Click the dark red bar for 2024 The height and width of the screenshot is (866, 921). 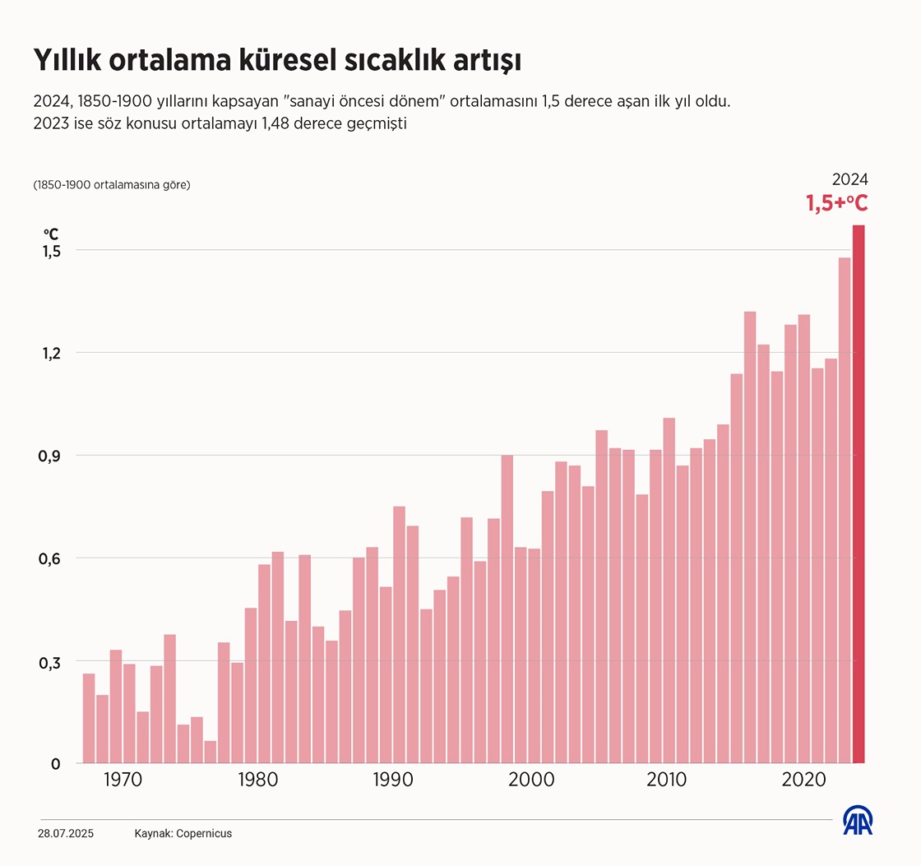pyautogui.click(x=859, y=493)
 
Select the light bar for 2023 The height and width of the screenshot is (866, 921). pyautogui.click(x=845, y=510)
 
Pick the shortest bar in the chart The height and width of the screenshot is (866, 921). pyautogui.click(x=211, y=752)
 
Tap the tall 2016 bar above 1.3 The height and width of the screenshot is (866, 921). pyautogui.click(x=750, y=535)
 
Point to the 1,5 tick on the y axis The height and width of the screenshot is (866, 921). pyautogui.click(x=51, y=251)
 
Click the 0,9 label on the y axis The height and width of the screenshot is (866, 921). pyautogui.click(x=51, y=456)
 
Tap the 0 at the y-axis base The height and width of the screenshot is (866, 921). pyautogui.click(x=56, y=764)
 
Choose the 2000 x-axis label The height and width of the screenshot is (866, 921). pyautogui.click(x=535, y=779)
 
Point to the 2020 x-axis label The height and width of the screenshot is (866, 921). pyautogui.click(x=803, y=779)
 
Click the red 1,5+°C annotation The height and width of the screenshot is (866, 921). pyautogui.click(x=836, y=203)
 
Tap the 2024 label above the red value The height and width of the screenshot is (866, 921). pyautogui.click(x=850, y=179)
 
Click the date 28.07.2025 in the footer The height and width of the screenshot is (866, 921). pyautogui.click(x=66, y=833)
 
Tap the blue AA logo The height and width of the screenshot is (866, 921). pyautogui.click(x=858, y=820)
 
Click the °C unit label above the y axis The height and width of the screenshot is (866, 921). pyautogui.click(x=51, y=234)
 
